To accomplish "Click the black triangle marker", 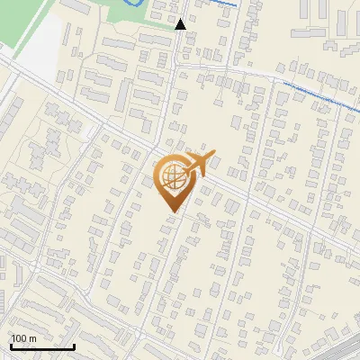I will pyautogui.click(x=181, y=24).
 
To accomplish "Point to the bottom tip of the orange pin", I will pyautogui.click(x=172, y=211).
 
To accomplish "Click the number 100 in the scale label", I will pyautogui.click(x=19, y=338).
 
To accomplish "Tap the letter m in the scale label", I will pyautogui.click(x=32, y=338).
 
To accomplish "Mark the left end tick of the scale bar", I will pyautogui.click(x=11, y=346).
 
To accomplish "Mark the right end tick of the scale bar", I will pyautogui.click(x=74, y=346).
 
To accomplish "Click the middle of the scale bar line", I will pyautogui.click(x=42, y=346).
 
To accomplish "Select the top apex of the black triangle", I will pyautogui.click(x=181, y=19).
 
